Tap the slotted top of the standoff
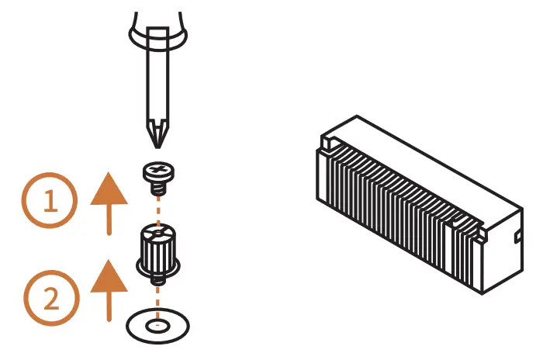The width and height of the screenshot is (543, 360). pyautogui.click(x=159, y=230)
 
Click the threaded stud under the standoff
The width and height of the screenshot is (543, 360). pyautogui.click(x=159, y=278)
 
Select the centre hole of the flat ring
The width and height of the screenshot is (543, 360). pyautogui.click(x=159, y=325)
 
